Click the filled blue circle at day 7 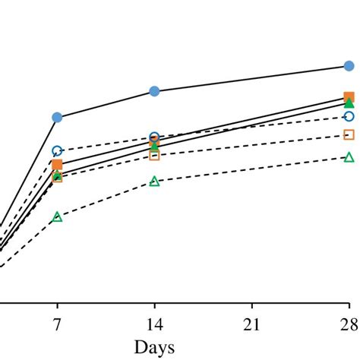57,117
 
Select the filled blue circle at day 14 154,91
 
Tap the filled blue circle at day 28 349,66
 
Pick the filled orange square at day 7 57,165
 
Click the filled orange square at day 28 349,97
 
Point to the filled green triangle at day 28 349,103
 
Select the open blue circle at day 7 57,150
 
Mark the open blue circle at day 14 154,137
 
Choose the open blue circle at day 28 349,116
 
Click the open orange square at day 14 154,155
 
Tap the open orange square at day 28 349,134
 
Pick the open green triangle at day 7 57,217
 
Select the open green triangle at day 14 154,182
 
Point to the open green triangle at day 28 349,157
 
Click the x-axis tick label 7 57,325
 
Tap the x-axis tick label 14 154,325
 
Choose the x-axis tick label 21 251,325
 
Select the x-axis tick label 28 349,325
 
